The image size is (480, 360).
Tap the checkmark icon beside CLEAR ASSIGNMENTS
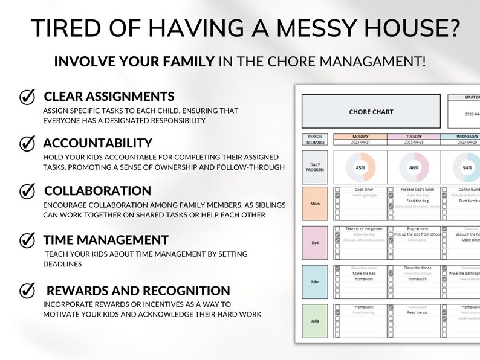pos(27,97)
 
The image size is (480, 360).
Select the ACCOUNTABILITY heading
pos(97,143)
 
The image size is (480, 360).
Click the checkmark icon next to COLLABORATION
pos(27,191)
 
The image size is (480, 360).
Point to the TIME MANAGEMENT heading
pos(106,240)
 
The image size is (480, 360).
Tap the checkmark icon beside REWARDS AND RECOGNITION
pos(27,291)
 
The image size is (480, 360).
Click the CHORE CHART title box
pos(371,112)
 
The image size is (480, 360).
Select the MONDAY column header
pos(360,137)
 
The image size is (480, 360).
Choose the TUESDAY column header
pos(414,137)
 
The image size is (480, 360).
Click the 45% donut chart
pos(360,168)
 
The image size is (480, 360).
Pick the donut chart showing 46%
pos(414,168)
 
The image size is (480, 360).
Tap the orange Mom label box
pos(314,204)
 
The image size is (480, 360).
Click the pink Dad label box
pos(314,243)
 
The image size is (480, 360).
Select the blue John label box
pos(314,281)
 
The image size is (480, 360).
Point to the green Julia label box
pos(314,321)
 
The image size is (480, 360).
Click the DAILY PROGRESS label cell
pos(314,167)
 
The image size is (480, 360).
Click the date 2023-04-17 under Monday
pos(360,143)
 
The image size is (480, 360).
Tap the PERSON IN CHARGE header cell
pos(314,140)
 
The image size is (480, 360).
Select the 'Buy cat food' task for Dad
pos(417,229)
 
